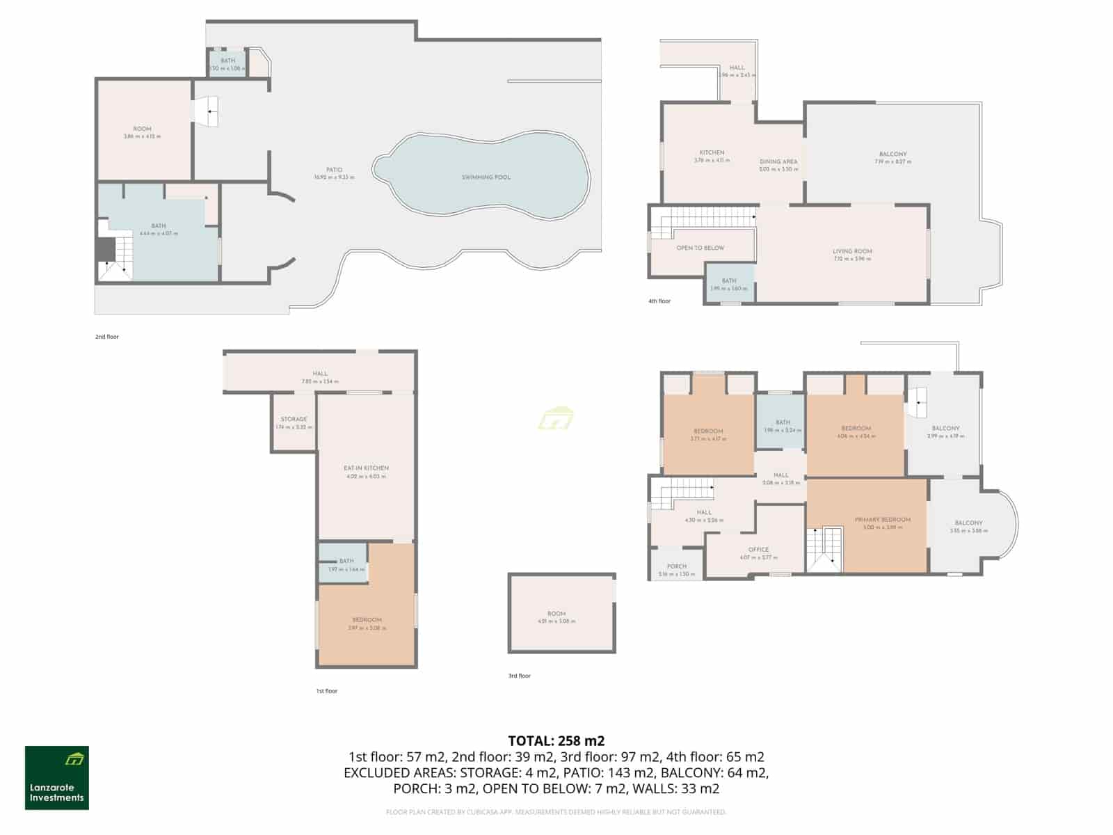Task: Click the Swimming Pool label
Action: click(x=486, y=177)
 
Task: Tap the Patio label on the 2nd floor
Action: click(x=334, y=170)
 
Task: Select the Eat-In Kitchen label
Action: click(x=366, y=468)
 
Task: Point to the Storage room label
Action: click(x=294, y=420)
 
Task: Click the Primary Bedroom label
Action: click(x=882, y=520)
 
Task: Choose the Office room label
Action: click(x=758, y=550)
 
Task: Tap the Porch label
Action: click(x=676, y=566)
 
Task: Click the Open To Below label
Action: click(x=700, y=248)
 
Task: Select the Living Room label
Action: click(x=852, y=251)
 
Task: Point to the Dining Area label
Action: click(x=778, y=161)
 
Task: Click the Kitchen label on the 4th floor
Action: click(x=712, y=152)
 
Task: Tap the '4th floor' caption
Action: click(x=659, y=301)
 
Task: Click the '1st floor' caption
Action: click(x=326, y=691)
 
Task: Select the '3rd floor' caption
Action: click(x=519, y=676)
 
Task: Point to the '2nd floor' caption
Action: click(x=107, y=337)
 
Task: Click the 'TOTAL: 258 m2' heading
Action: click(x=556, y=740)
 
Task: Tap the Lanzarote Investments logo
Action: click(x=57, y=778)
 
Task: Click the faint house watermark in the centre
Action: click(x=555, y=419)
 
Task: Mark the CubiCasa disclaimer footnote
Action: click(x=556, y=812)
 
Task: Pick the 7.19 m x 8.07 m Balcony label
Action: click(x=892, y=154)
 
